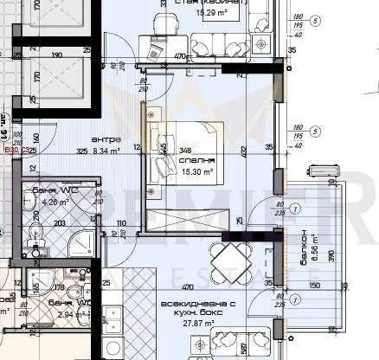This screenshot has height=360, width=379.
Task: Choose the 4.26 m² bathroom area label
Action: pos(55,202)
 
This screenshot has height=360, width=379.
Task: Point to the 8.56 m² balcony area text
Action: pos(317,247)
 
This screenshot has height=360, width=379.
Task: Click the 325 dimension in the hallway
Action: pos(81,149)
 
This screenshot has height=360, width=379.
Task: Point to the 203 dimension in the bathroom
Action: pos(61,222)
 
